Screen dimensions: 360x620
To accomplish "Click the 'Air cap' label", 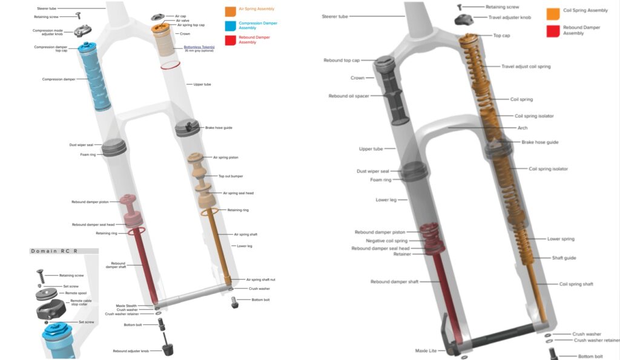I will pos(180,16).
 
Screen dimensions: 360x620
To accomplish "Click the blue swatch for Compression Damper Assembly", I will pos(229,25).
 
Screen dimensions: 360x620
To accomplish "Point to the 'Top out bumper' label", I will pos(231,176).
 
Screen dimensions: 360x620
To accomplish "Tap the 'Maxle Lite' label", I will pos(425,350).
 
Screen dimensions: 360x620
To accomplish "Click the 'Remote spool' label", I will pos(77,293).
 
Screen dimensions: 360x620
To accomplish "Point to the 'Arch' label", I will pos(523,128).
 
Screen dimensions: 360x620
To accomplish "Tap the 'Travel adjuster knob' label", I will pos(509,18).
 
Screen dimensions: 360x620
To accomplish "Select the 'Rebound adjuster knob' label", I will pos(131,351).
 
